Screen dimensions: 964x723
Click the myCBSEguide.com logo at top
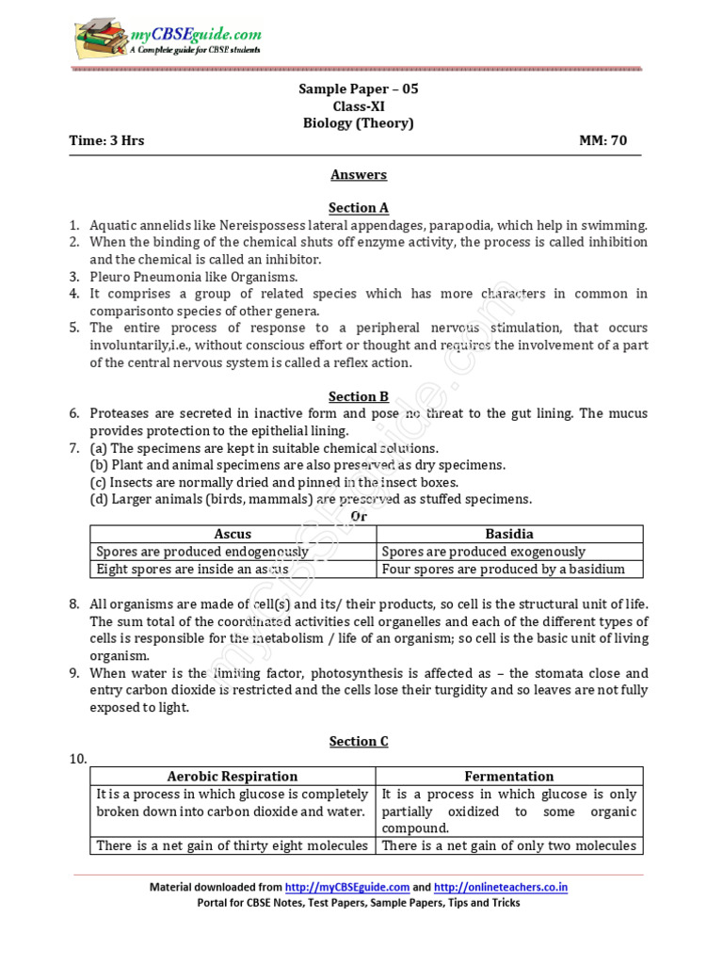coord(168,40)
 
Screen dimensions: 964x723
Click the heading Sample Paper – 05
coord(358,88)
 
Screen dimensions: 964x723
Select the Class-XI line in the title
coord(358,106)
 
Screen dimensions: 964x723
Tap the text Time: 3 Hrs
coord(106,141)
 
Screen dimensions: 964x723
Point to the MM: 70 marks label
coord(602,141)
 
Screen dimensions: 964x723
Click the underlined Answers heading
coord(358,174)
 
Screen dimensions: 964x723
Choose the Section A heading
coord(358,208)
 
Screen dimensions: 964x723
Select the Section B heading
coord(358,396)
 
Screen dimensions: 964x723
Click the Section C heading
coord(358,741)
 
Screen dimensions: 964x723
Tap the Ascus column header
coord(233,534)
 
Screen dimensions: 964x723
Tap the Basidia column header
coord(509,534)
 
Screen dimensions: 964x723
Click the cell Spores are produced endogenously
coord(202,552)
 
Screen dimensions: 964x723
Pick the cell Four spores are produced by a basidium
coord(504,570)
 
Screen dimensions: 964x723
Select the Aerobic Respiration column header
coord(233,777)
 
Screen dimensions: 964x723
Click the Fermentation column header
coord(509,777)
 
